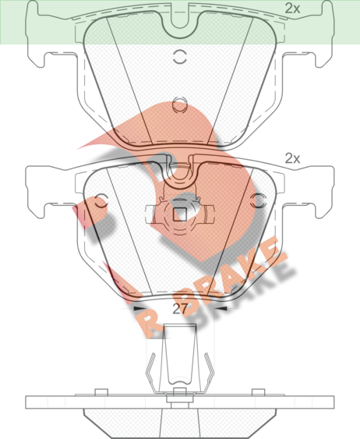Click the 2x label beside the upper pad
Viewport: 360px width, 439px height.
292,9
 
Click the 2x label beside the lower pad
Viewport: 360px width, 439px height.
292,158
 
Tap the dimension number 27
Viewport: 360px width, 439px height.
179,309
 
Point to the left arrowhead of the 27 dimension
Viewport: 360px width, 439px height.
139,309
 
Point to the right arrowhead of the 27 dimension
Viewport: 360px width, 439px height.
221,309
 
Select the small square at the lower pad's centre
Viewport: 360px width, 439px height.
180,214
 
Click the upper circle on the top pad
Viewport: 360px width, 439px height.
179,57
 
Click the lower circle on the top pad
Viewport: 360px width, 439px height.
179,105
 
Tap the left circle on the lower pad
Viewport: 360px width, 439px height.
101,200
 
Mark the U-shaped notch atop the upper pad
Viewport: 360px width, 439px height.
180,20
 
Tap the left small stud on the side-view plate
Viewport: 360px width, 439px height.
101,392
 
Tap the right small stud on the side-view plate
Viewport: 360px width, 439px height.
258,392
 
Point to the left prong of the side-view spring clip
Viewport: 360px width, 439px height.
151,373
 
